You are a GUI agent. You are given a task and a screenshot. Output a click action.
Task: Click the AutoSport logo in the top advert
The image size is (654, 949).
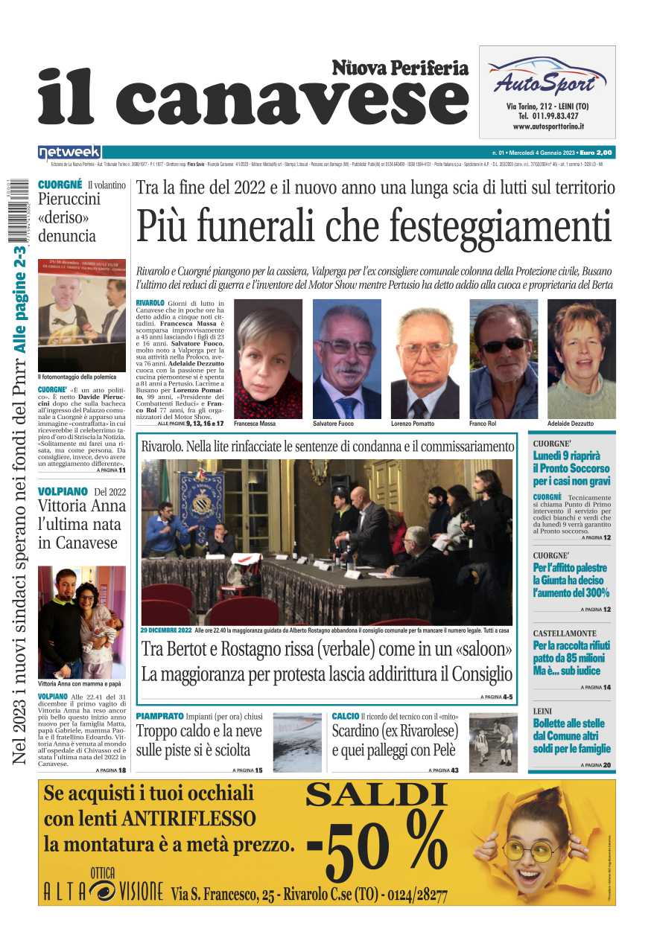pos(547,77)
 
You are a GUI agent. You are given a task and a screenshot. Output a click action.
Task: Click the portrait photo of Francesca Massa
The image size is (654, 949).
pos(268,359)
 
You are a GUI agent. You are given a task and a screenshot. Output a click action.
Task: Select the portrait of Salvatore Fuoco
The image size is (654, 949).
pos(346,359)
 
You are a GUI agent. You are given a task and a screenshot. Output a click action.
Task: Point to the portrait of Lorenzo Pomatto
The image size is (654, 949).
pos(425,359)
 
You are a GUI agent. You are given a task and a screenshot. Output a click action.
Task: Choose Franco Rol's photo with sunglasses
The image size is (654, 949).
pos(504,359)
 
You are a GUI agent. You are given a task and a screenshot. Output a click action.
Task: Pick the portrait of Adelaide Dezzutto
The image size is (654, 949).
pos(581,359)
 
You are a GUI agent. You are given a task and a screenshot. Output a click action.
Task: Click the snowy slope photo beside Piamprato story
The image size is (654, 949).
pos(297,741)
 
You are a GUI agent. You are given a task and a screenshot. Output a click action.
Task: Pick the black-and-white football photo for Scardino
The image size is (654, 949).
pos(493,741)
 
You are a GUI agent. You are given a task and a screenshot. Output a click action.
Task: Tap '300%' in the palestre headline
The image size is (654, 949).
pos(593,592)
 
